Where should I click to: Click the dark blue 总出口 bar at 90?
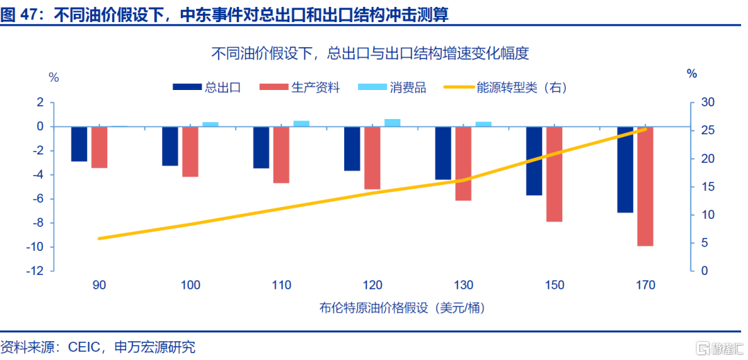[x=79, y=144]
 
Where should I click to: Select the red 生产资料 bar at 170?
[x=645, y=186]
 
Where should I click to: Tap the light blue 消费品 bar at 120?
[x=392, y=123]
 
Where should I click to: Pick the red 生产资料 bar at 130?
[x=463, y=163]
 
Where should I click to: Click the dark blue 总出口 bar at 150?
[x=534, y=161]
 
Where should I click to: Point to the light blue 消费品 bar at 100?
[x=211, y=125]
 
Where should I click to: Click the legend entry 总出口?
[x=206, y=88]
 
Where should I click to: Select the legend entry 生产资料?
[x=300, y=88]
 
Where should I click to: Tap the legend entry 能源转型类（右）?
[x=505, y=88]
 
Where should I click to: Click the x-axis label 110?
[x=282, y=286]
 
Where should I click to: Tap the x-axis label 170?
[x=646, y=286]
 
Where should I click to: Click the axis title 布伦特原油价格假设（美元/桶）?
[x=404, y=308]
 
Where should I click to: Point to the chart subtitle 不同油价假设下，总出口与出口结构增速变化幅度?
[x=371, y=53]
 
